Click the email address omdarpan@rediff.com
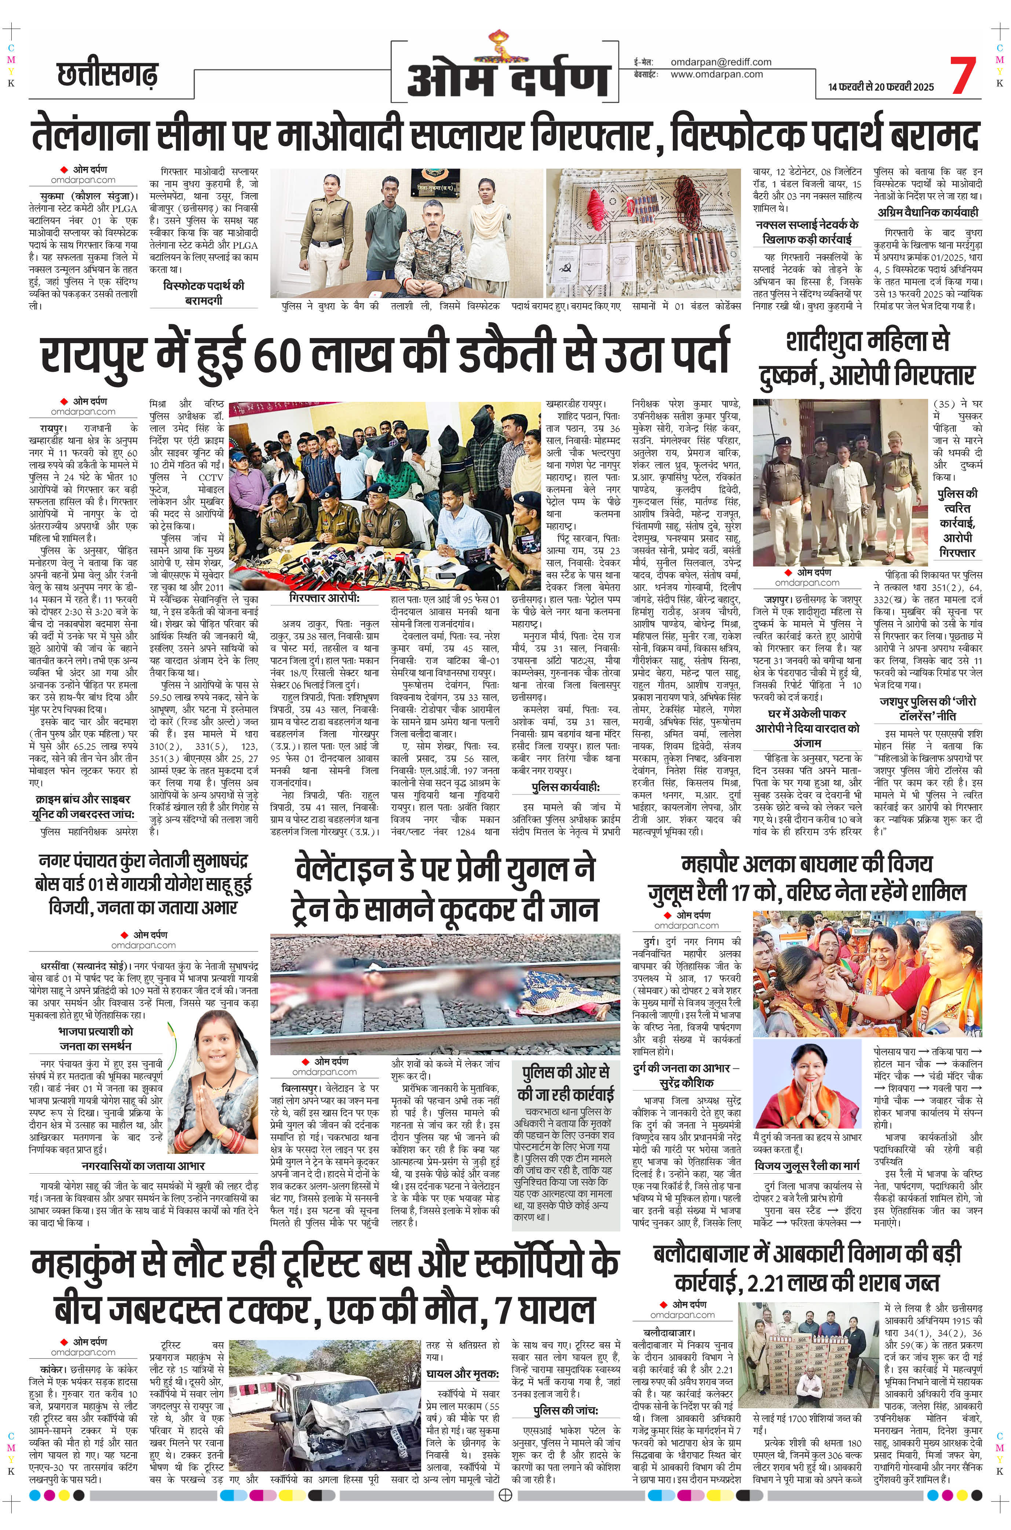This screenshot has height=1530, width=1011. click(x=721, y=62)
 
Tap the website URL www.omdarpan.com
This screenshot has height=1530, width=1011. click(x=716, y=74)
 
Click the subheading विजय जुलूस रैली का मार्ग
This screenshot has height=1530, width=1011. click(x=809, y=1165)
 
